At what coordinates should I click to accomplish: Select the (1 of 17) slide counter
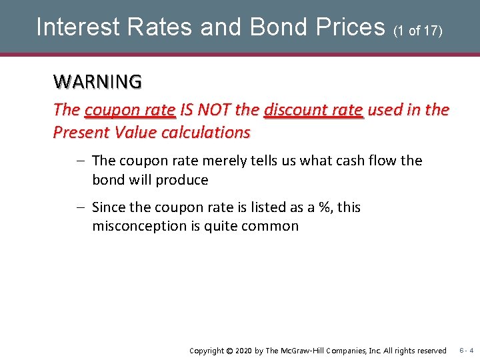(x=418, y=30)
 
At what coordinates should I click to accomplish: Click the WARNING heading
(x=97, y=82)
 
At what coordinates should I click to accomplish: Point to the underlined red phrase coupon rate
(x=130, y=110)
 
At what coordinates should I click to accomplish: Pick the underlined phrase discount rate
(x=313, y=110)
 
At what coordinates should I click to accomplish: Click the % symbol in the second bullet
(x=325, y=207)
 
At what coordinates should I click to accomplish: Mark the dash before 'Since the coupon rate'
(x=80, y=207)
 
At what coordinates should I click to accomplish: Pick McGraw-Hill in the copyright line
(x=307, y=351)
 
